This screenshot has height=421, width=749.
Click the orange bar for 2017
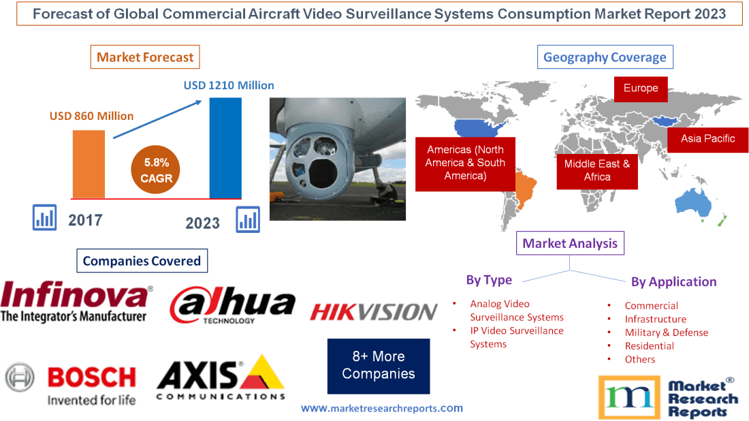[x=89, y=164]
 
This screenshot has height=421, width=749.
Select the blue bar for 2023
[x=225, y=149]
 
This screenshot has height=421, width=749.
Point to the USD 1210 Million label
[x=229, y=86]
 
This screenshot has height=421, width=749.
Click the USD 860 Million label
[x=91, y=116]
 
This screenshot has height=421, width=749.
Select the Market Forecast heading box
[x=145, y=57]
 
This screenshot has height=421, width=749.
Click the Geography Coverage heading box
[x=605, y=57]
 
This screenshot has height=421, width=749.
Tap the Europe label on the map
[x=640, y=88]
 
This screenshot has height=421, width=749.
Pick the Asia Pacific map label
[x=707, y=138]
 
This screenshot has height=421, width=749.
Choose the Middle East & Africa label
[x=596, y=170]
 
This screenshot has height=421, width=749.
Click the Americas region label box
[x=465, y=162]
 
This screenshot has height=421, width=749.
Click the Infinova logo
[x=76, y=302]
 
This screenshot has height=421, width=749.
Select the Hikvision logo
[x=373, y=312]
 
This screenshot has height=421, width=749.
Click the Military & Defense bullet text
[x=666, y=332]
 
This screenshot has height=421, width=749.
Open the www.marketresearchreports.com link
[x=381, y=408]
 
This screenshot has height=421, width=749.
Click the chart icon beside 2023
[x=248, y=219]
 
